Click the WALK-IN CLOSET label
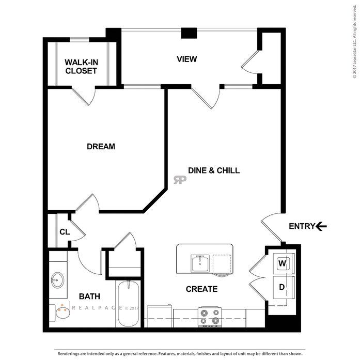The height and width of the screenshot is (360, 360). [81, 67]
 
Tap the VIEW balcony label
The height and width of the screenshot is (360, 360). [187, 59]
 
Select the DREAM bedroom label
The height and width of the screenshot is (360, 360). [101, 147]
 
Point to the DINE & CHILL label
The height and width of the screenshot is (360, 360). [214, 170]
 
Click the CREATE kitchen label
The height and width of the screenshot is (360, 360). [201, 289]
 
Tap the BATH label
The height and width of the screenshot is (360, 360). [89, 296]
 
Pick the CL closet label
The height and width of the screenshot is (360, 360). [65, 232]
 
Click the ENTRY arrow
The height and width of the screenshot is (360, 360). [321, 226]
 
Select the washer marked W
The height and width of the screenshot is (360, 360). [284, 263]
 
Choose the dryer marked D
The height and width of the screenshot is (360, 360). [284, 287]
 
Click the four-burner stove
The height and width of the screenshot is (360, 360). [210, 317]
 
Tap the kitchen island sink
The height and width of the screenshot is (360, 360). [200, 263]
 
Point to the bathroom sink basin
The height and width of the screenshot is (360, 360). [57, 280]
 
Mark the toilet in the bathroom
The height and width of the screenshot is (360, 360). [60, 313]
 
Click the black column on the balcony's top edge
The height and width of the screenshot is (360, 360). [189, 33]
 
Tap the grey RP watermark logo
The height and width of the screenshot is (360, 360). [180, 180]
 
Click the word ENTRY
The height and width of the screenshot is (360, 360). [302, 226]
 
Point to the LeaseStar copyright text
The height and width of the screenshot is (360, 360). [355, 41]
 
